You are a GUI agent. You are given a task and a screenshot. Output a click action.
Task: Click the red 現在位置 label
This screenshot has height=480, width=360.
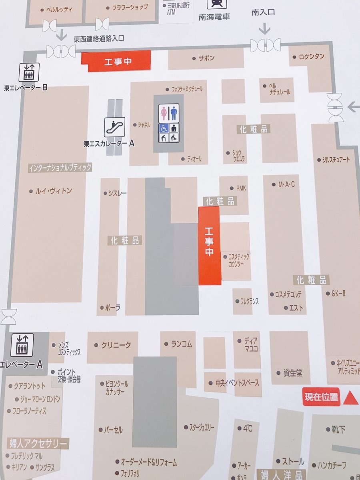(x=321, y=397)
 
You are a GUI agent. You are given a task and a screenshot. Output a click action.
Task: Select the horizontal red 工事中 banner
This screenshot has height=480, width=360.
(x=116, y=61)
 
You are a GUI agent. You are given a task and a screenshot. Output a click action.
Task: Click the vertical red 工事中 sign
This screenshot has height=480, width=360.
(x=209, y=246)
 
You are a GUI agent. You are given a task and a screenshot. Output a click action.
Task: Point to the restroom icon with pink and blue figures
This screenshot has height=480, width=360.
(x=168, y=113)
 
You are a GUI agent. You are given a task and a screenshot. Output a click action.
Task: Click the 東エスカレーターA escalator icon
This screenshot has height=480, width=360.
(x=115, y=127)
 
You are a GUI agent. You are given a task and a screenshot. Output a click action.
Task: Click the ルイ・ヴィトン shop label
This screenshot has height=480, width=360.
(x=53, y=191)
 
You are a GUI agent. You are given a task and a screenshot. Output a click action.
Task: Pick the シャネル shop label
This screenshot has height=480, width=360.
(x=144, y=125)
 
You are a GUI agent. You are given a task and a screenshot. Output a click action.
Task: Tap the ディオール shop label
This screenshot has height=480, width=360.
(x=194, y=159)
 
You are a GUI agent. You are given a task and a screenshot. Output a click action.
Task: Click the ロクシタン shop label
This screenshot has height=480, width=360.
(x=312, y=56)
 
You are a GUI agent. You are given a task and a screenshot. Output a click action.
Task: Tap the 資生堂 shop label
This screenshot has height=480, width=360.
(x=293, y=373)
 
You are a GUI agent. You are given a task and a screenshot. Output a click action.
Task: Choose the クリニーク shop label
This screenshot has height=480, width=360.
(x=116, y=345)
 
